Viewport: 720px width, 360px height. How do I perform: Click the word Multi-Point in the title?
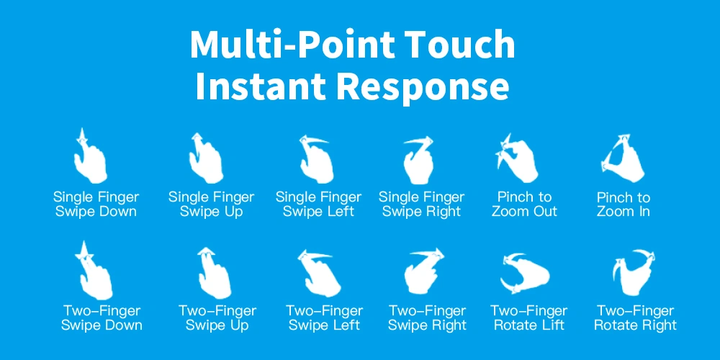[x=292, y=44]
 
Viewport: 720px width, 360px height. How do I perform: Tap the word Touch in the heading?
[x=461, y=44]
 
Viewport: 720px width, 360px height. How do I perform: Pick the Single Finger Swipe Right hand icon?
[x=418, y=161]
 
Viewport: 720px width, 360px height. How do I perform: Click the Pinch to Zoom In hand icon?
[x=623, y=158]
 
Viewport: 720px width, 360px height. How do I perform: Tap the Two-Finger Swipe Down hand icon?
[x=96, y=271]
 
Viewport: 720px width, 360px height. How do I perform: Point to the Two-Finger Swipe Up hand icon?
[x=214, y=273]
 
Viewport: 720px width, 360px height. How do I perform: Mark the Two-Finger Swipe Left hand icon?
[x=319, y=273]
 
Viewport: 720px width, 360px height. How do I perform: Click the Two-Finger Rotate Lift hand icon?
[x=524, y=273]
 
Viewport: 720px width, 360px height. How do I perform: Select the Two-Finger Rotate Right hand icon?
[x=634, y=273]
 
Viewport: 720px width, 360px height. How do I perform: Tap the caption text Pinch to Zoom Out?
[x=524, y=204]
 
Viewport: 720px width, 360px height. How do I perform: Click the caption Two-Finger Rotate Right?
[x=635, y=318]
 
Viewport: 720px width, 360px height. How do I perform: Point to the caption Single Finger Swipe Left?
[x=318, y=204]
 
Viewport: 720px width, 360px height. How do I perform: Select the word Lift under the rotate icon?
[x=552, y=325]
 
